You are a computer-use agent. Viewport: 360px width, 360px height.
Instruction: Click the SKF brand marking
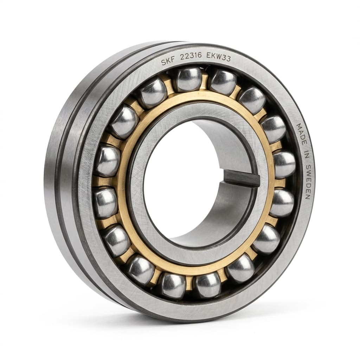click(x=168, y=62)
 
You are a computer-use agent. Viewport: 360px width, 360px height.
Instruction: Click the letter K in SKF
click(x=168, y=62)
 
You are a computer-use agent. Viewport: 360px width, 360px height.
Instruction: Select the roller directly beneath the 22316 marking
click(x=189, y=79)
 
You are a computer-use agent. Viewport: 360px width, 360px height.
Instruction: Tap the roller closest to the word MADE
click(x=274, y=129)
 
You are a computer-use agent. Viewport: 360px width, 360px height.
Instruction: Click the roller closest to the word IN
click(x=284, y=164)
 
